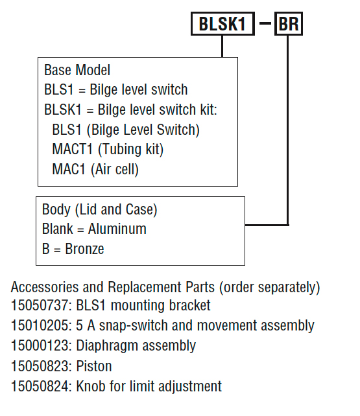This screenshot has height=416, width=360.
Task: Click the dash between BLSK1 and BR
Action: click(265, 23)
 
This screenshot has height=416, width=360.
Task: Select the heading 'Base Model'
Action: click(77, 70)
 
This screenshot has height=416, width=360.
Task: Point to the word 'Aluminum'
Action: click(117, 229)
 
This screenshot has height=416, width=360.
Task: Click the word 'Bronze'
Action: click(84, 249)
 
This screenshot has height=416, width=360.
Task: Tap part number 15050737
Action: click(40, 305)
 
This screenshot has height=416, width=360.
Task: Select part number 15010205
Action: click(40, 325)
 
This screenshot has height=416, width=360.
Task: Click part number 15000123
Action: click(40, 345)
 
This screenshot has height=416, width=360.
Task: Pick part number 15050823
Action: click(40, 366)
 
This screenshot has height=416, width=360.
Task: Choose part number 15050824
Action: click(40, 386)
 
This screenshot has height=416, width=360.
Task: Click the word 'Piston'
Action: click(94, 366)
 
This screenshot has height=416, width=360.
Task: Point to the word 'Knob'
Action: click(91, 386)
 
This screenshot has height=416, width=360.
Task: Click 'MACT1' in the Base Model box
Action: click(72, 149)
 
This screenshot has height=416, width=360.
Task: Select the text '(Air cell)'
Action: click(115, 169)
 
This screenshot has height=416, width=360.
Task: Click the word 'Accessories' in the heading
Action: click(45, 287)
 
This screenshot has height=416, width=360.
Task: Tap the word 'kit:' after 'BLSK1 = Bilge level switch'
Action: click(209, 110)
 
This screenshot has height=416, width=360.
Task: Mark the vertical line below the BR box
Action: click(288, 130)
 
